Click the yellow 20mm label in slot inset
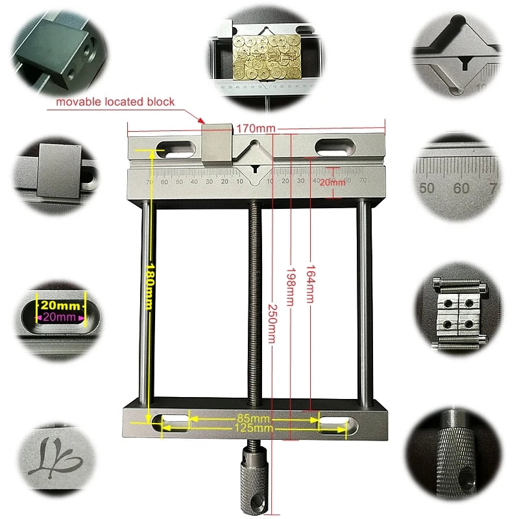click(x=60, y=306)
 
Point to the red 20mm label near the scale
click(x=333, y=183)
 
